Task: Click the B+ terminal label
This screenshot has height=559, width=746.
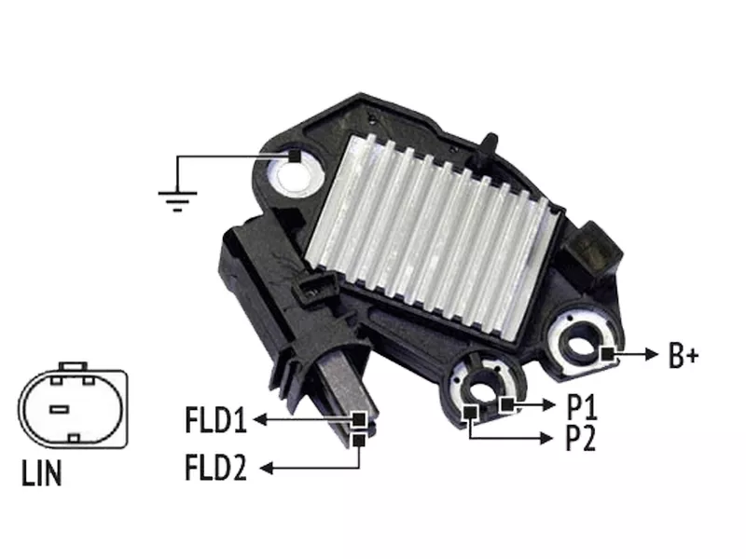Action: pyautogui.click(x=684, y=355)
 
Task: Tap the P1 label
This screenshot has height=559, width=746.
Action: pyautogui.click(x=581, y=406)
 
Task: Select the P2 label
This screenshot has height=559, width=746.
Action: pyautogui.click(x=580, y=438)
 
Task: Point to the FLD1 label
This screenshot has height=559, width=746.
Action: pyautogui.click(x=216, y=420)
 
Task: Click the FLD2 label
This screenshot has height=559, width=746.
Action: pyautogui.click(x=216, y=468)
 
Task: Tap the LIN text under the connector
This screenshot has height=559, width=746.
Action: pyautogui.click(x=42, y=473)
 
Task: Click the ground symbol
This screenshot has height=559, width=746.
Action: pyautogui.click(x=177, y=200)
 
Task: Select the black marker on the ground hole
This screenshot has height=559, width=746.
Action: pyautogui.click(x=295, y=156)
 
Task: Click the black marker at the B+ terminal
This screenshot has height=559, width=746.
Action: pyautogui.click(x=607, y=354)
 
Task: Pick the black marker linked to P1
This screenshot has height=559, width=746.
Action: pyautogui.click(x=507, y=404)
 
